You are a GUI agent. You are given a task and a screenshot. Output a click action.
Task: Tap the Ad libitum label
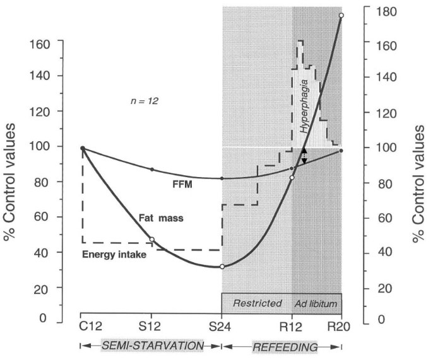coord(316,303)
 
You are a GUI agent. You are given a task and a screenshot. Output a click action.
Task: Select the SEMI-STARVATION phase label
coord(151,346)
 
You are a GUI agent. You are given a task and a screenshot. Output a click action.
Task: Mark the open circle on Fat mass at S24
coord(222,267)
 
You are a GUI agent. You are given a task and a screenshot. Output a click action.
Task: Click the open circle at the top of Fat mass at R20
coord(341,15)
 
